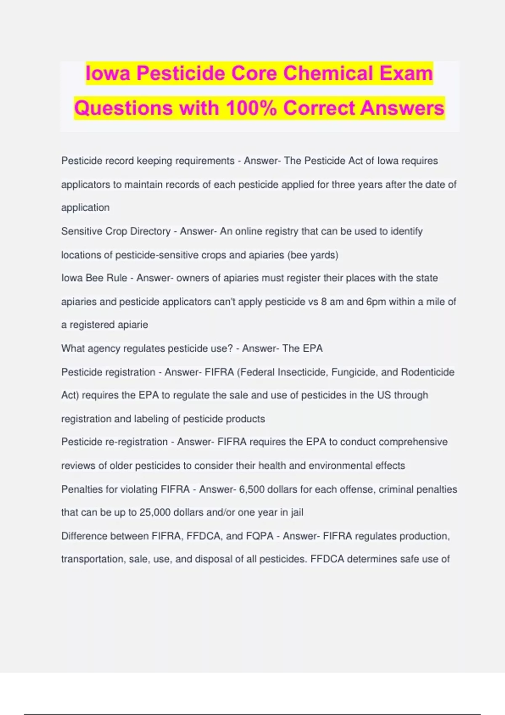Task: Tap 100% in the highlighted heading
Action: coord(251,108)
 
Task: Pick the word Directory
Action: coord(150,231)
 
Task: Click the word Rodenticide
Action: coord(428,372)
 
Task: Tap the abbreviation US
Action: coord(384,395)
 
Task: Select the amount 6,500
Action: coord(252,489)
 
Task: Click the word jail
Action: coord(297,512)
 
